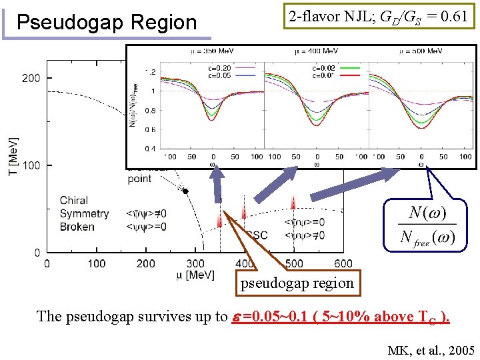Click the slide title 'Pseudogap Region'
107,23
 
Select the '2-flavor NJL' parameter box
378,17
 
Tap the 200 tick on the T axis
31,78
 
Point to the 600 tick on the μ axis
343,264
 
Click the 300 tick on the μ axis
195,264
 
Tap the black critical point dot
186,191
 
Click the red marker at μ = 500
293,203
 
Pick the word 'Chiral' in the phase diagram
73,200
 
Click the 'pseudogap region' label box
297,283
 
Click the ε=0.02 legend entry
325,67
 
